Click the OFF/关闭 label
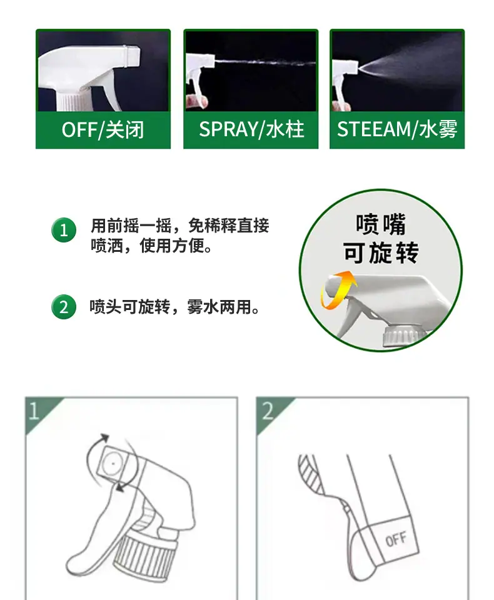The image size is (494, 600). click(x=103, y=130)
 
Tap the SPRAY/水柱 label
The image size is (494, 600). click(x=251, y=129)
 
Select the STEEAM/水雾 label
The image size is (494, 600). click(x=397, y=129)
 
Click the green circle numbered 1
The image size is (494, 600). click(x=64, y=230)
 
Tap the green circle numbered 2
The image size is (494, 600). click(x=64, y=307)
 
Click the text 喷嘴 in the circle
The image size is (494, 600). click(x=381, y=224)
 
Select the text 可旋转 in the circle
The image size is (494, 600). click(x=381, y=252)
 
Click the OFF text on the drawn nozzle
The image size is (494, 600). click(x=396, y=539)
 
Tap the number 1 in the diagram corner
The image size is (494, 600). click(x=34, y=411)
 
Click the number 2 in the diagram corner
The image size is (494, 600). click(x=267, y=411)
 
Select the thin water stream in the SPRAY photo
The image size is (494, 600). click(x=265, y=62)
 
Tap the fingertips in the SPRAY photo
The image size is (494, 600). click(x=197, y=101)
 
